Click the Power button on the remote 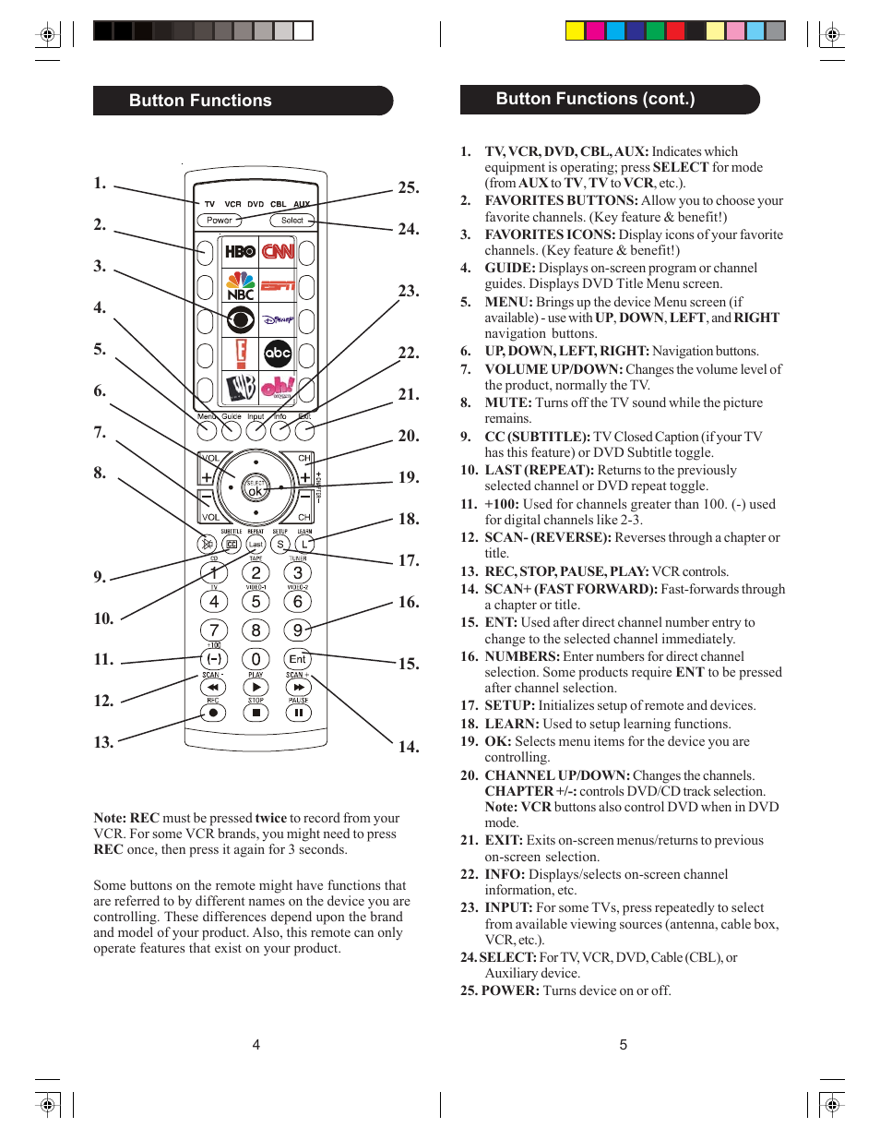[219, 221]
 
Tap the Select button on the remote [291, 221]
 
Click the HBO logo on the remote [240, 251]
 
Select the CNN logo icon [278, 251]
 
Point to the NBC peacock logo [240, 285]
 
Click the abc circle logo [278, 353]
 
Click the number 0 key [256, 659]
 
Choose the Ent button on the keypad [297, 659]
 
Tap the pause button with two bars [298, 713]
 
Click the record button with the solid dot [213, 713]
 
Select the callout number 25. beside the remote [409, 187]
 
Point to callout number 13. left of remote [103, 742]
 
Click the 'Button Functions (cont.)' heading [595, 99]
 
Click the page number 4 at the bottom [256, 1045]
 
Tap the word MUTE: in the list [508, 402]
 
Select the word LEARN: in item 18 [512, 724]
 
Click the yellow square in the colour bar [575, 31]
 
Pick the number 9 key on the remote [297, 630]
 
